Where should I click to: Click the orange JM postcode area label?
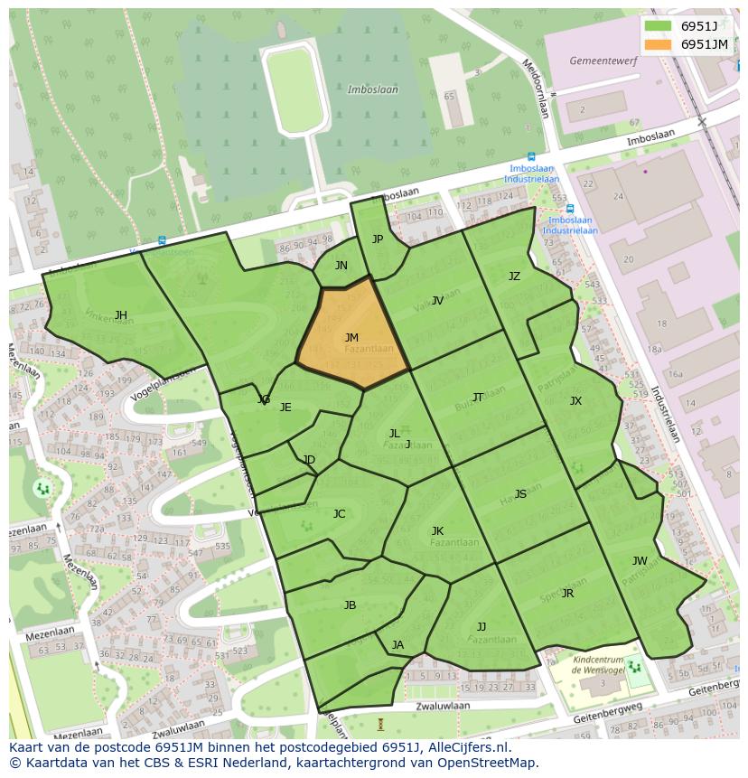click(x=351, y=337)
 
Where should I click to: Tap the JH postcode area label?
click(x=120, y=314)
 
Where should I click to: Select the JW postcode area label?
click(x=640, y=560)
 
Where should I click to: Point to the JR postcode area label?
click(x=567, y=593)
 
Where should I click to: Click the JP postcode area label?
click(x=378, y=239)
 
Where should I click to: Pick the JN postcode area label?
click(x=341, y=265)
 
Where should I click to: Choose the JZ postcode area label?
click(x=514, y=276)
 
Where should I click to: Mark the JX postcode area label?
click(x=575, y=400)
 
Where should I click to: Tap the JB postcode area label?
click(x=350, y=605)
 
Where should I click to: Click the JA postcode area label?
click(x=397, y=644)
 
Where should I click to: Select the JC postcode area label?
click(x=339, y=513)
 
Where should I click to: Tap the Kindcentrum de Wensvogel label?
click(x=598, y=666)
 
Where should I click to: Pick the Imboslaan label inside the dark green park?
click(x=372, y=89)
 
